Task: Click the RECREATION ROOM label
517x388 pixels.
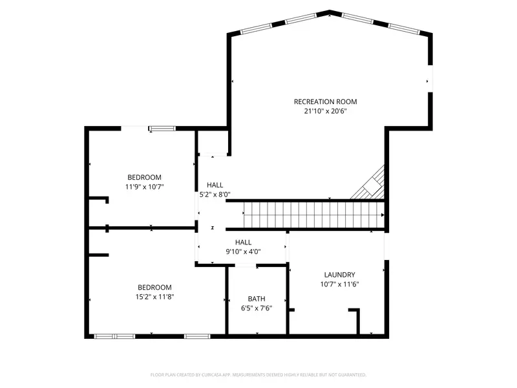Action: [x=325, y=102]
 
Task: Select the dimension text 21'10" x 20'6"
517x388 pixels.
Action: [x=325, y=111]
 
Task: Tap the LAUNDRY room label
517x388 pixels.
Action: [x=339, y=275]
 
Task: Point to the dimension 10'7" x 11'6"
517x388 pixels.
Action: [x=339, y=284]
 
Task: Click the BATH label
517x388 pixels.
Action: [x=257, y=299]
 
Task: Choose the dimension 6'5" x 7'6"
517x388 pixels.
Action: [x=257, y=308]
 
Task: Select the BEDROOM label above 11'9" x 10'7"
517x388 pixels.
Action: [x=144, y=177]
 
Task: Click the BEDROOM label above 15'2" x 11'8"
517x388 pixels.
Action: [x=154, y=288]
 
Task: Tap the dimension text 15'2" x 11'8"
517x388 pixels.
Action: [x=154, y=297]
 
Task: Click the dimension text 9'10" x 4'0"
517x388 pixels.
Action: [x=243, y=252]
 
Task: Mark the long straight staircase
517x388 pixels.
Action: [x=313, y=215]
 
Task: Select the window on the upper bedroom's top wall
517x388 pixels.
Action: [x=162, y=129]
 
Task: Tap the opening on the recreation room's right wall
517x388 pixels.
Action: [x=430, y=81]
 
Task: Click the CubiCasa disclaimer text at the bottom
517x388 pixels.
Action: [x=258, y=374]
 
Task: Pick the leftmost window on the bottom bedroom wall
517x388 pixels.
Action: [x=114, y=336]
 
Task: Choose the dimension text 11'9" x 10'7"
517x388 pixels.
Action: [x=144, y=187]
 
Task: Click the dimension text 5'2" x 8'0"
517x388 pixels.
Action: [x=215, y=194]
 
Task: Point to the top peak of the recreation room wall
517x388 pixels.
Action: [x=330, y=12]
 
